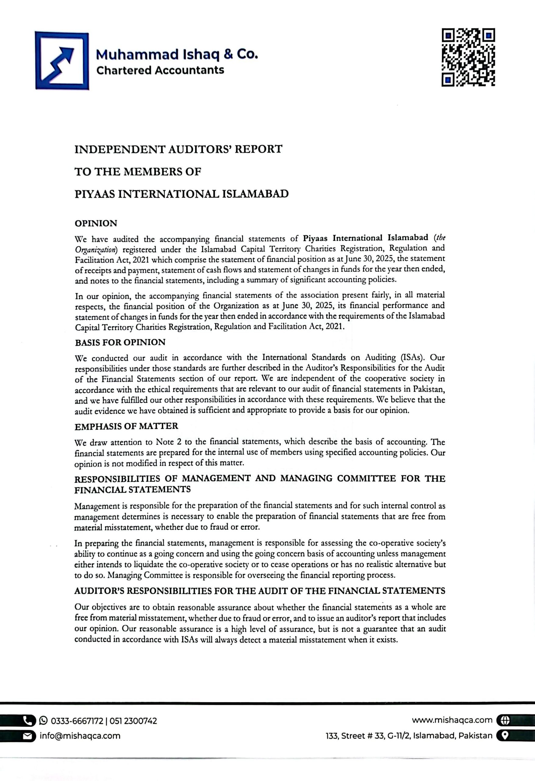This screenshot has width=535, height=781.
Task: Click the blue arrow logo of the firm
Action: pyautogui.click(x=62, y=61)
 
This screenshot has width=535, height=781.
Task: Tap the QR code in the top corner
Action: pyautogui.click(x=468, y=57)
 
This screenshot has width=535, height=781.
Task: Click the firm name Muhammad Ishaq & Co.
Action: pyautogui.click(x=177, y=54)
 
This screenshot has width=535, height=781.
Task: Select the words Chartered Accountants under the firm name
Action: pyautogui.click(x=160, y=70)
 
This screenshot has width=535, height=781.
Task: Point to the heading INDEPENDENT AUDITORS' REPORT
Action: pyautogui.click(x=178, y=149)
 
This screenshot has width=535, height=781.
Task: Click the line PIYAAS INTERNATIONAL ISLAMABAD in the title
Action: pyautogui.click(x=181, y=194)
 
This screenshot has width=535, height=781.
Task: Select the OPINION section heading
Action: pyautogui.click(x=96, y=224)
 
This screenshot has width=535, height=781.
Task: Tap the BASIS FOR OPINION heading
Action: pyautogui.click(x=120, y=342)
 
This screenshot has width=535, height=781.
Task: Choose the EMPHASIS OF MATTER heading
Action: pyautogui.click(x=126, y=426)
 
